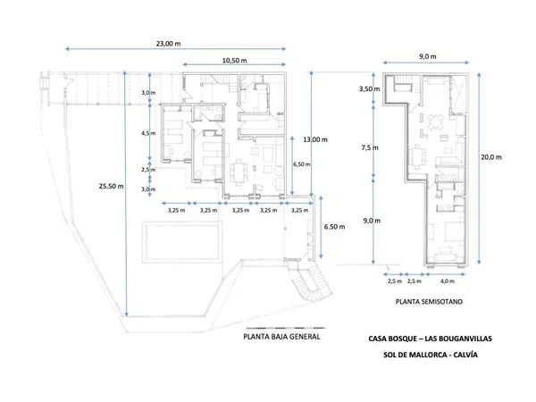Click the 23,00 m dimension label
tap(169, 44)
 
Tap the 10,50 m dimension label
tap(234, 61)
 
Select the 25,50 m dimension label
tap(111, 187)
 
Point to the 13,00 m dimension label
tap(315, 139)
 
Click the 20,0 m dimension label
tap(491, 157)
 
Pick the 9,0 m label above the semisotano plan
tap(428, 57)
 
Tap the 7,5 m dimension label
tap(370, 147)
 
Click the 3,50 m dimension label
tap(369, 88)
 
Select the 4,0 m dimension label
tap(448, 281)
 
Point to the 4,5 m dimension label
tap(148, 133)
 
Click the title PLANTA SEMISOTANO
tap(429, 302)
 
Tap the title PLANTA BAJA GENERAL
tap(281, 337)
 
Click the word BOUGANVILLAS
tap(458, 339)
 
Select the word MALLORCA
tap(423, 355)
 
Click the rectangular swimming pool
tap(182, 242)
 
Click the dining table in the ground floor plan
tap(239, 172)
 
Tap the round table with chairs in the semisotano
tap(435, 122)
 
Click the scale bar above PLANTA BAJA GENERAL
tap(286, 328)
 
